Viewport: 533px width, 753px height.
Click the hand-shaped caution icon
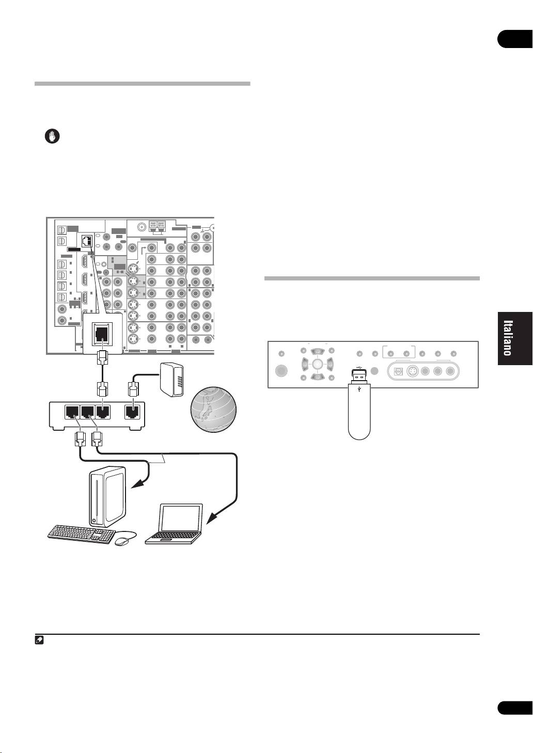pos(52,136)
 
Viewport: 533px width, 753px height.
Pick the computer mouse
pos(122,541)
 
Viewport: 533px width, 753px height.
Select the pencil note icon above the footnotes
pos(39,640)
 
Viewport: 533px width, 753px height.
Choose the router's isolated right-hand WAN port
pos(134,412)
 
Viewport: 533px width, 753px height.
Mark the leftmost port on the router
pos(71,412)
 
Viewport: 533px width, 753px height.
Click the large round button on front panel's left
pos(282,371)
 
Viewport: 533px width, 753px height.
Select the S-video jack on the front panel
pos(413,371)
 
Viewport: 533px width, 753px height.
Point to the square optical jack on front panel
pos(399,371)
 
